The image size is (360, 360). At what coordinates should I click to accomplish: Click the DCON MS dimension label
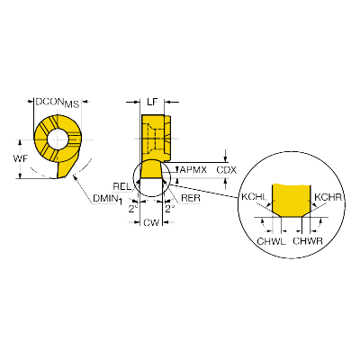click(58, 103)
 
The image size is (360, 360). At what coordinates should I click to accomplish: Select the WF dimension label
click(21, 158)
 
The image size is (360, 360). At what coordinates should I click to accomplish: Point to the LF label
click(152, 102)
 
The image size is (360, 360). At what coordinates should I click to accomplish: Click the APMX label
click(193, 170)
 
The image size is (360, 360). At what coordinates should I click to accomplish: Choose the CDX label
click(227, 170)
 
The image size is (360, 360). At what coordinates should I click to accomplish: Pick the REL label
click(122, 186)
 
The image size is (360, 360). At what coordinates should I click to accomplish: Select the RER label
click(191, 198)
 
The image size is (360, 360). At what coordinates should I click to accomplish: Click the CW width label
click(151, 223)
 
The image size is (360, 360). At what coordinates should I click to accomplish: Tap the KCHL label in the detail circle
click(254, 197)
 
